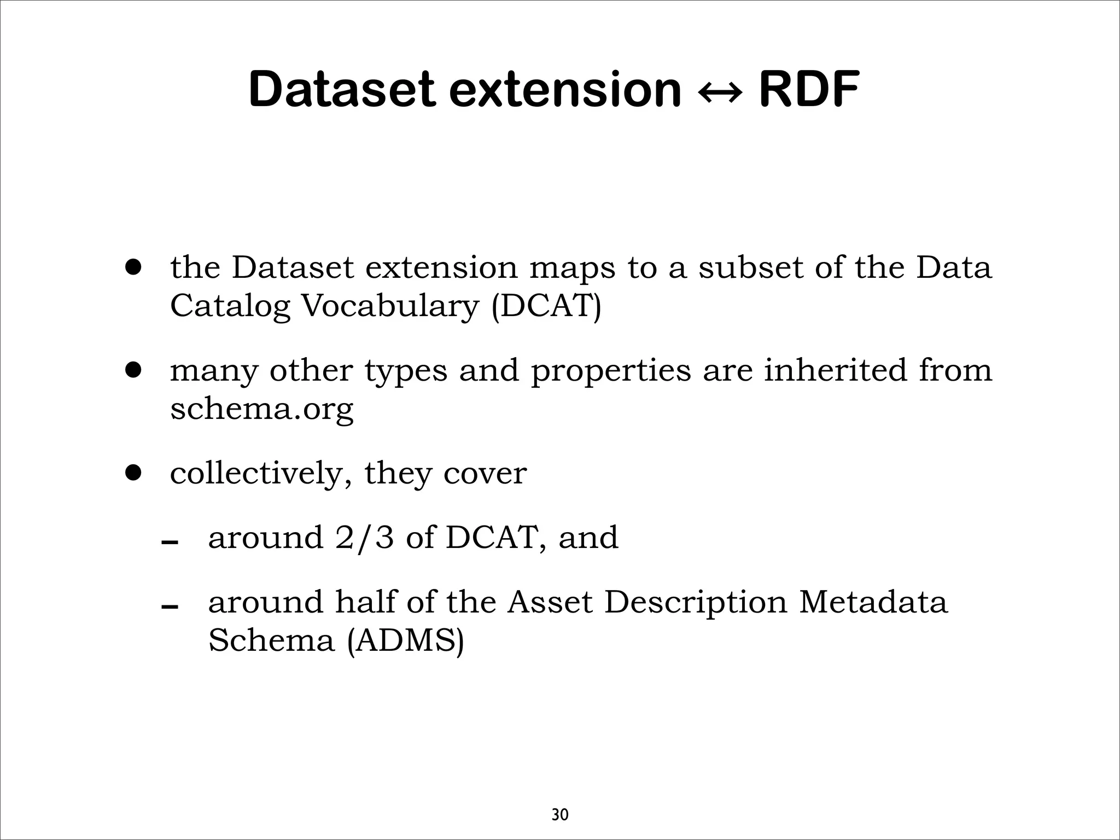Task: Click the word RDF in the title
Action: point(809,90)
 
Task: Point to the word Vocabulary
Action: point(390,306)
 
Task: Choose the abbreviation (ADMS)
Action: point(406,640)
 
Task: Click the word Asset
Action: point(550,602)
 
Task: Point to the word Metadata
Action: point(873,602)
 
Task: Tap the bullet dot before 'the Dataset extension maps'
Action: point(133,267)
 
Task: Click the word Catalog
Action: point(230,307)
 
